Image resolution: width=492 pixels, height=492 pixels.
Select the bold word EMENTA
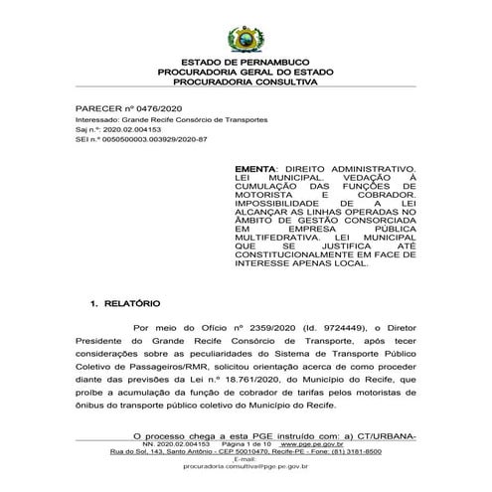[256, 170]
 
